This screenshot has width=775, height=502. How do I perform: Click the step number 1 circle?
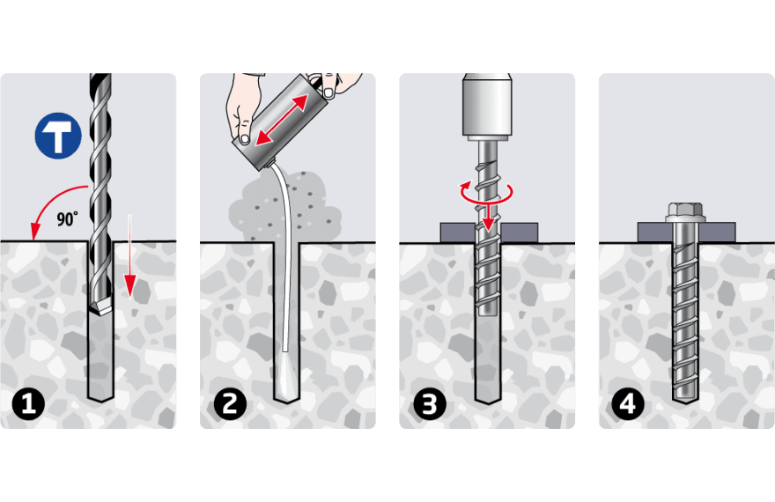30,404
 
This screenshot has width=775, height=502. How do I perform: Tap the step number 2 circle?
229,404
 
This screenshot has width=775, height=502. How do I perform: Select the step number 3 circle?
429,404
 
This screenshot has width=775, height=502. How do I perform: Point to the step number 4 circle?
628,404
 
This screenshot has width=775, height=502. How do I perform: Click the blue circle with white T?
59,136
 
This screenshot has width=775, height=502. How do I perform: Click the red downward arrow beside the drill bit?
129,273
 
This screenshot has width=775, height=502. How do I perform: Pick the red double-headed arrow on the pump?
282,119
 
